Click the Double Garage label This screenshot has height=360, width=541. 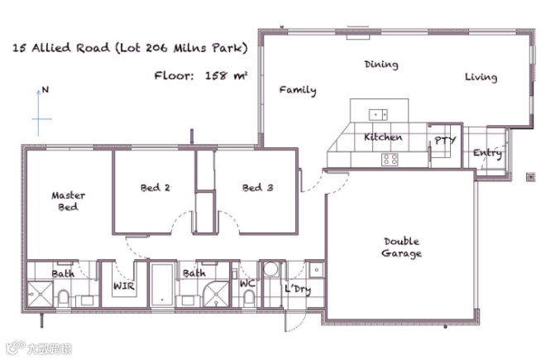pos(401,247)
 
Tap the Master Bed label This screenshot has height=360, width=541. pos(68,201)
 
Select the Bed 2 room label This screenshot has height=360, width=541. pos(156,188)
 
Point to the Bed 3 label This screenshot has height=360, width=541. pos(258,188)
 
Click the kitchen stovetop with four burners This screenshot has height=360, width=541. pos(390,159)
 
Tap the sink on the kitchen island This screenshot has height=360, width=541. pos(378,114)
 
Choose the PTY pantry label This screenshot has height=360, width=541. pos(445,141)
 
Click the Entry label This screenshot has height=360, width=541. pos(487,152)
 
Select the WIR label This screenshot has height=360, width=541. pos(124,286)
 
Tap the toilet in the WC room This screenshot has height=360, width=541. pos(249,298)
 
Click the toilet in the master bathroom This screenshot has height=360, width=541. pos(64,298)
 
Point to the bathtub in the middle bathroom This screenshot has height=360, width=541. pos(162,285)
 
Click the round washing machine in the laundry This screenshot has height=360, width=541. pos(270,269)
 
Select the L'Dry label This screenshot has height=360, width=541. pos(298,290)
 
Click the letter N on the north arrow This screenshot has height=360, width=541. pos(45,89)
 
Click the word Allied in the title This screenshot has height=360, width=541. pos(50,47)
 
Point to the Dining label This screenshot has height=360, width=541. pos(381,65)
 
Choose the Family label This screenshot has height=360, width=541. pos(298,90)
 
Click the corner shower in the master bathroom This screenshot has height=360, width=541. pos(40,294)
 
